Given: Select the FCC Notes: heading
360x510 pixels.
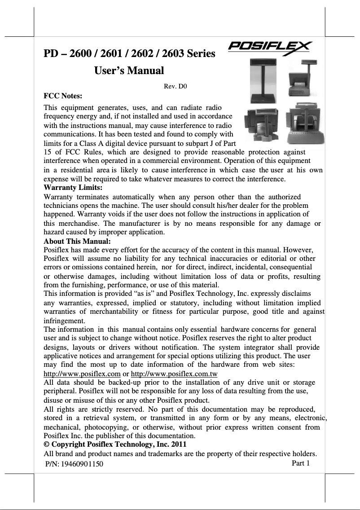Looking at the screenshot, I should tap(62, 96).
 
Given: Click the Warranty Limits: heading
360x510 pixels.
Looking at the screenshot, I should tap(73, 187).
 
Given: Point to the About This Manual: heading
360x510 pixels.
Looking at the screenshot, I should tap(77, 241).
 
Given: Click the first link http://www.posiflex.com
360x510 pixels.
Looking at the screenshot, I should tap(82, 374).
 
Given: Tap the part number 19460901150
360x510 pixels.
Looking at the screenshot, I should tap(83, 464).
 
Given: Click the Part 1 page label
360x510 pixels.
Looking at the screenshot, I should tap(301, 463).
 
